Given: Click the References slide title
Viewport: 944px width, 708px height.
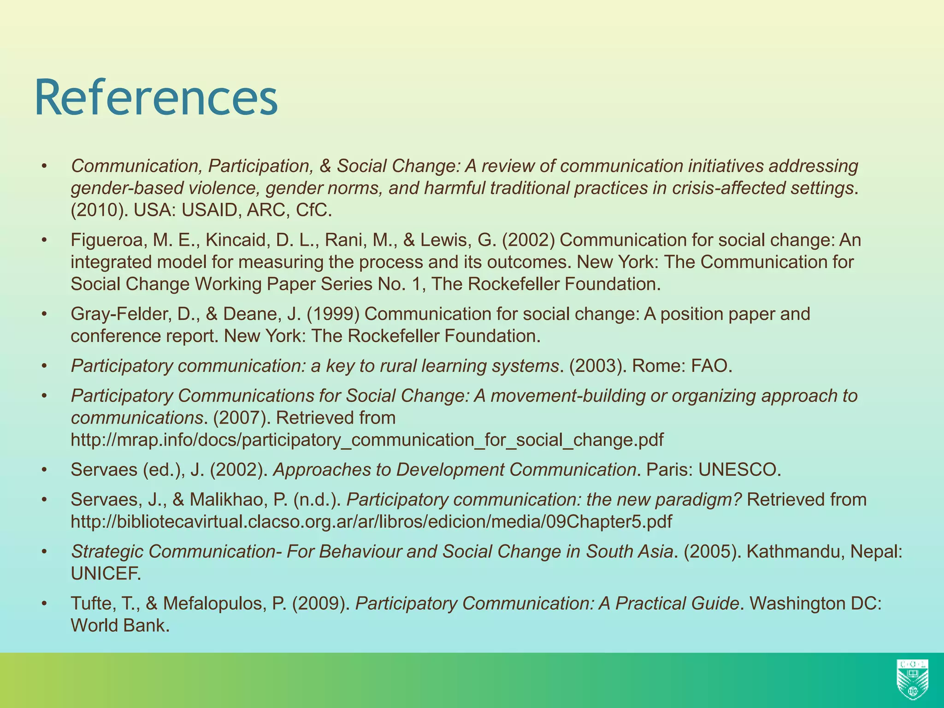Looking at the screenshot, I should coord(156,98).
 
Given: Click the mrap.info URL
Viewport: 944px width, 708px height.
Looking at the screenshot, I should coord(367,440).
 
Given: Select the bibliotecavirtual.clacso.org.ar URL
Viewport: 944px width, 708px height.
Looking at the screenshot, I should coord(371,521).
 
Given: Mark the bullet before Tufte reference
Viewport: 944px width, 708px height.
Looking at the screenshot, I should coord(44,603).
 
